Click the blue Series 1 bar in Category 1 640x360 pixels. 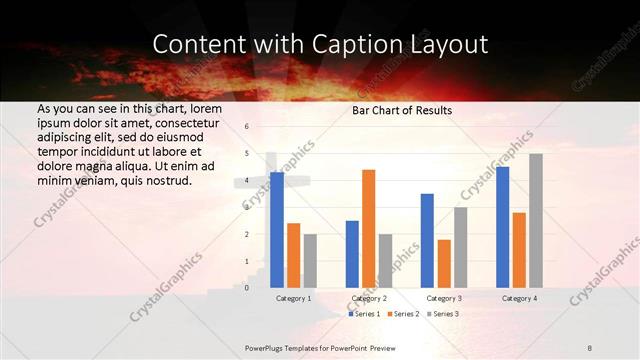pyautogui.click(x=277, y=230)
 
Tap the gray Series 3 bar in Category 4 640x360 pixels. pyautogui.click(x=536, y=220)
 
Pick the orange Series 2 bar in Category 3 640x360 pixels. pyautogui.click(x=444, y=263)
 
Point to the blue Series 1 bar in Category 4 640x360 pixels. pyautogui.click(x=502, y=227)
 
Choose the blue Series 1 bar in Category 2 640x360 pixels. pyautogui.click(x=352, y=254)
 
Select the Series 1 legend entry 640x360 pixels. pyautogui.click(x=365, y=314)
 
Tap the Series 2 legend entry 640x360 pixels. pyautogui.click(x=404, y=314)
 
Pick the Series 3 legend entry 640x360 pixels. pyautogui.click(x=444, y=314)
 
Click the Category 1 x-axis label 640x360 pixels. pyautogui.click(x=293, y=298)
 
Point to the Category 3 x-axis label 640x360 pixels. pyautogui.click(x=444, y=298)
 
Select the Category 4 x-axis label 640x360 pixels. pyautogui.click(x=519, y=298)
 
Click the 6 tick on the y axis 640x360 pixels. pyautogui.click(x=247, y=127)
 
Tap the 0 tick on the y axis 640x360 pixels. pyautogui.click(x=247, y=288)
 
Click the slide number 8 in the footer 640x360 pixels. pyautogui.click(x=590, y=346)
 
